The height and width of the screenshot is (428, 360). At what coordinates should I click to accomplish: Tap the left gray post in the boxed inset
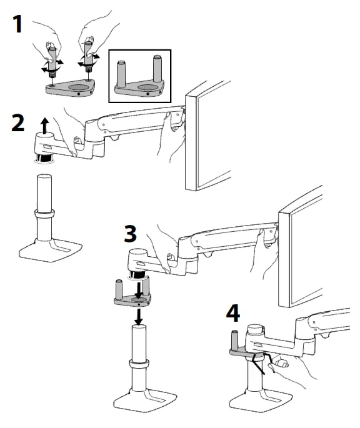pyautogui.click(x=121, y=69)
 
